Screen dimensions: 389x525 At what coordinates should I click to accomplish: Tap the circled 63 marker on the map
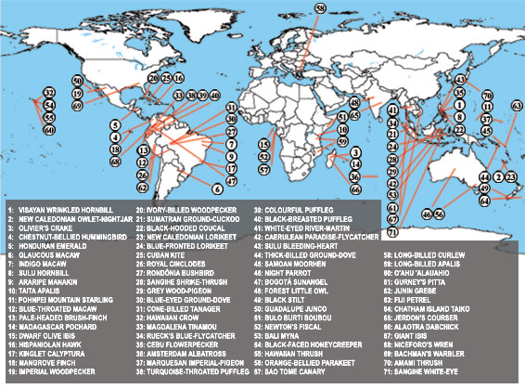pos(517,107)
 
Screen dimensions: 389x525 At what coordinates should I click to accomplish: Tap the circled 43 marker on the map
pos(460,81)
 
